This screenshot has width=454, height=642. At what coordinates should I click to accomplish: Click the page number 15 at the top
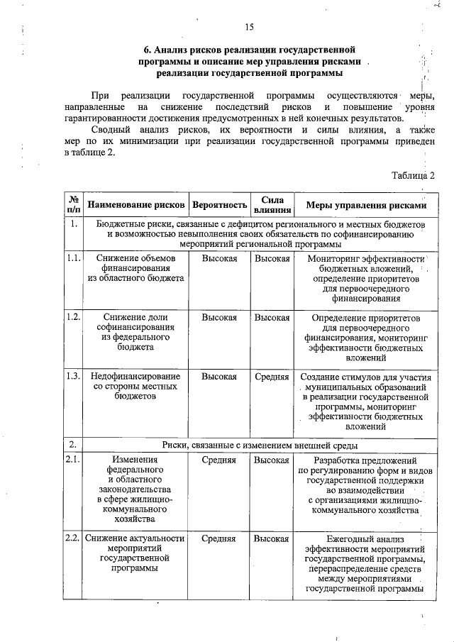(249, 28)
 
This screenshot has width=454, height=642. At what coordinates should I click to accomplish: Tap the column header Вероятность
(219, 205)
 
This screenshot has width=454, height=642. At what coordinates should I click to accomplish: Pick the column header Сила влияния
(272, 205)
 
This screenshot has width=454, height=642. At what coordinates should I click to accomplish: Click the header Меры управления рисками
(365, 205)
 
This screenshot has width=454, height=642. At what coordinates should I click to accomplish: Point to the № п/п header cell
(74, 205)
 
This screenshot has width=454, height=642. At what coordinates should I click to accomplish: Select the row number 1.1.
(74, 258)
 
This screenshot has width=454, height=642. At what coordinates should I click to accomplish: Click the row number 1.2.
(74, 317)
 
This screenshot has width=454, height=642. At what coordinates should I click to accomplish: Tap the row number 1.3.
(74, 376)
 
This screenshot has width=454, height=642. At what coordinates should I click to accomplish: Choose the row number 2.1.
(74, 460)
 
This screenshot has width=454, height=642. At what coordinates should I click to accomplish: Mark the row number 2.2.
(74, 538)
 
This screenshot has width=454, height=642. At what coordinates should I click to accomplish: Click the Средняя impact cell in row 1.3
(272, 376)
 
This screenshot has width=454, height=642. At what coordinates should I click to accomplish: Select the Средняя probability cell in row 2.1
(218, 460)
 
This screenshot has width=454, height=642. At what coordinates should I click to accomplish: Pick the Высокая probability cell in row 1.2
(218, 317)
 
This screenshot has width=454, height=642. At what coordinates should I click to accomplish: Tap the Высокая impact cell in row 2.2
(272, 538)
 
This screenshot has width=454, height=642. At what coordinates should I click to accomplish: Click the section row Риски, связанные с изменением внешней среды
(259, 445)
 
